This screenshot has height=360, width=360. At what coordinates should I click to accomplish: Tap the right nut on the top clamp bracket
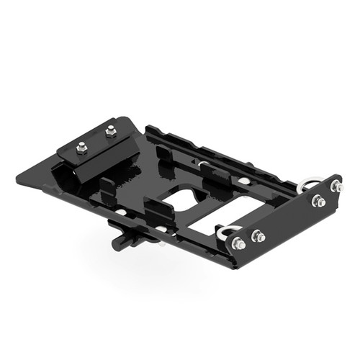point(110,131)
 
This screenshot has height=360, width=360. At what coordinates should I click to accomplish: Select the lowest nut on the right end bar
point(239,244)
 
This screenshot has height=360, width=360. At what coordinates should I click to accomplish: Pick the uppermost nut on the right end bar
point(336,186)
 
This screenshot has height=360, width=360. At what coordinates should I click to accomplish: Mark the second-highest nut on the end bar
point(317,200)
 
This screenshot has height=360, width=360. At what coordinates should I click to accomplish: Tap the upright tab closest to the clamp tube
point(107,189)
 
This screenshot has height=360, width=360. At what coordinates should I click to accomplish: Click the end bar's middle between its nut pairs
point(288,215)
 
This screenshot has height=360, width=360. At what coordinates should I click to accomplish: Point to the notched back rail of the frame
point(216,155)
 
